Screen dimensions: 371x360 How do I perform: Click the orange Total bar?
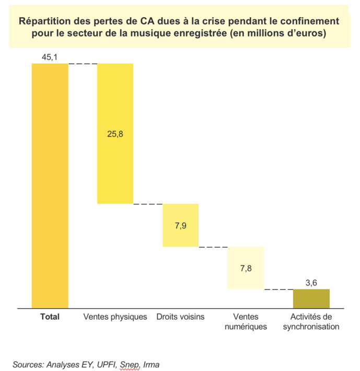pos(50,185)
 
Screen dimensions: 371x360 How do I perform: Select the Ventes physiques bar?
pos(115,157)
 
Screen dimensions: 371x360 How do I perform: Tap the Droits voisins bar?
pos(181,225)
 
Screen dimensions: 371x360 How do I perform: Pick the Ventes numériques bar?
pos(246,268)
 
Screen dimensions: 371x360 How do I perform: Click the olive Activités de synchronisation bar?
pos(311,298)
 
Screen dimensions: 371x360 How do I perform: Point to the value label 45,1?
pos(50,56)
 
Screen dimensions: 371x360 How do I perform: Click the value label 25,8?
pos(115,134)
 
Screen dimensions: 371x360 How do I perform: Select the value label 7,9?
pos(181,225)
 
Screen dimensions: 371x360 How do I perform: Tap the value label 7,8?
pos(246,268)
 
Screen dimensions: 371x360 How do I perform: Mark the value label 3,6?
pos(311,282)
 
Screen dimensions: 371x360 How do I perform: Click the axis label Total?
pos(50,317)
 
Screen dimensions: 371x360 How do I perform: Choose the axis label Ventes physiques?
pos(115,317)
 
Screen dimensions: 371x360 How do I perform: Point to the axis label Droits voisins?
pos(181,317)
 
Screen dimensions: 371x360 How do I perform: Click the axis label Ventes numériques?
pos(246,322)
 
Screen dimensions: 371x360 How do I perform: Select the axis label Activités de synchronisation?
pos(311,322)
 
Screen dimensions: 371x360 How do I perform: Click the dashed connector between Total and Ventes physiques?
pos(83,64)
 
